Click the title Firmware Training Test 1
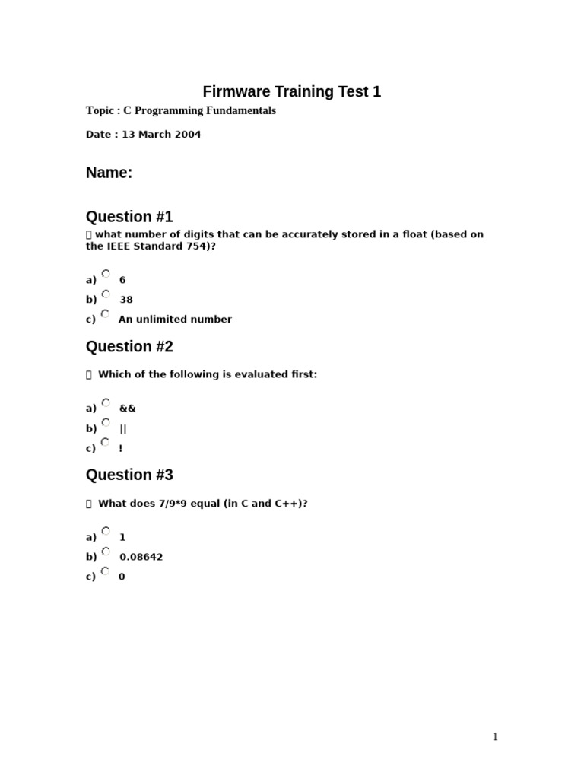point(291,92)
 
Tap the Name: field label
point(109,173)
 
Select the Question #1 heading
point(129,216)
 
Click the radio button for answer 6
point(106,274)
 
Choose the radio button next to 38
point(106,294)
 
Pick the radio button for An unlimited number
point(106,313)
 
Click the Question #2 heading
point(129,347)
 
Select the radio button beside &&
point(106,402)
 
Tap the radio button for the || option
point(106,422)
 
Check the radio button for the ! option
point(106,442)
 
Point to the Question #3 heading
point(129,475)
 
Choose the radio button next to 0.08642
point(106,551)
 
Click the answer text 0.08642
point(141,557)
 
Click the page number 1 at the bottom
point(495,736)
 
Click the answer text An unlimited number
point(175,320)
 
